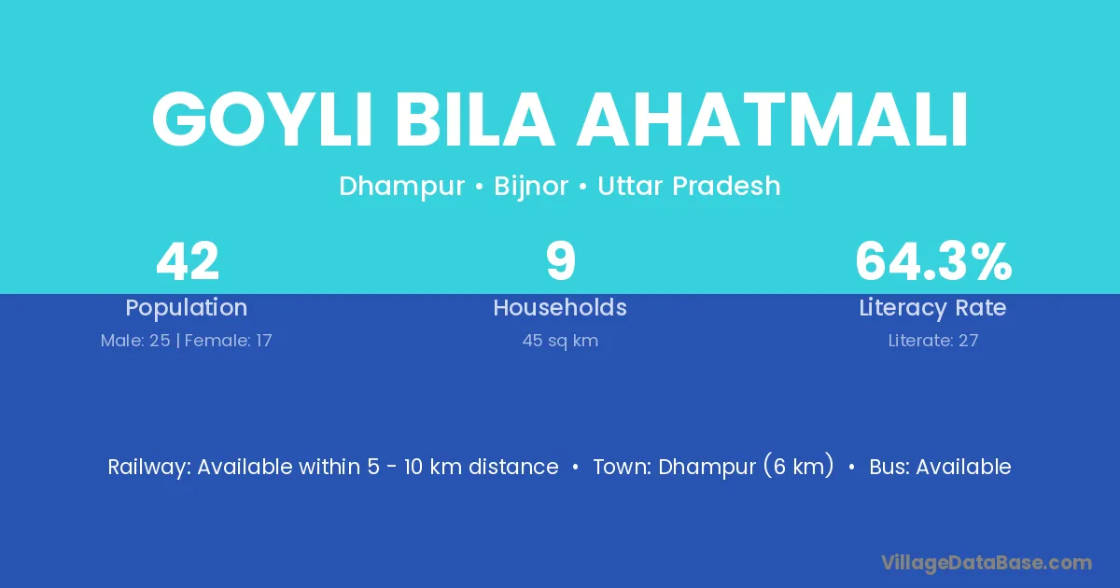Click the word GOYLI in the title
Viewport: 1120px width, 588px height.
[x=261, y=119]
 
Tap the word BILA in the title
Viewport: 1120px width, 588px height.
[x=474, y=119]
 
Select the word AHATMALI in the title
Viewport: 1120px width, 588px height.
[x=773, y=119]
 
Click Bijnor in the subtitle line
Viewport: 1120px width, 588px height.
[x=531, y=187]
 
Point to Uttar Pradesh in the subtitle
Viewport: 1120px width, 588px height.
[x=689, y=186]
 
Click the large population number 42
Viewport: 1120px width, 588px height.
[x=188, y=261]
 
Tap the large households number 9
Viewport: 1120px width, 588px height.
[x=561, y=261]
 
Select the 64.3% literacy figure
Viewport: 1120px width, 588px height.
[x=933, y=261]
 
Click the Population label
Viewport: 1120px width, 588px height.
[x=187, y=308]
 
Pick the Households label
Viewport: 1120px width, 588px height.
[x=560, y=307]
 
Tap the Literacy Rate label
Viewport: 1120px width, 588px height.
[x=933, y=308]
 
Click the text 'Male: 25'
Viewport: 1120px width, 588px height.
[x=135, y=341]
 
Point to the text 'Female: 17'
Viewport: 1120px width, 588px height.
[x=229, y=341]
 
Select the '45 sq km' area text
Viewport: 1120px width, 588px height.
[x=560, y=341]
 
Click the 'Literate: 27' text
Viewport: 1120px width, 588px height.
[x=933, y=341]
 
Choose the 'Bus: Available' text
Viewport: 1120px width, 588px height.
[x=940, y=467]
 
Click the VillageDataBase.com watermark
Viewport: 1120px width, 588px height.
[x=987, y=564]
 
